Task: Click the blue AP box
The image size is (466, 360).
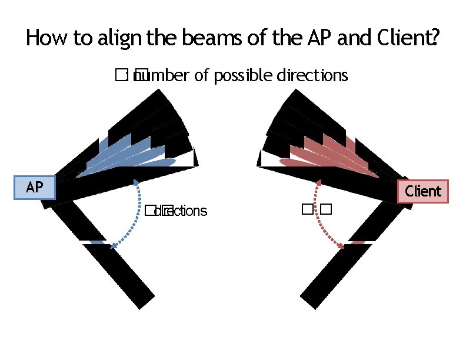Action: click(35, 188)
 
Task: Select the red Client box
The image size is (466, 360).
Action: click(423, 191)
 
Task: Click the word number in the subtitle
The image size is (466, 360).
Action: click(158, 76)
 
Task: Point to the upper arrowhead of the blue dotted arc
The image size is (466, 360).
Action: click(137, 182)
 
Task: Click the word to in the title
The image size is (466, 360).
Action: click(83, 39)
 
